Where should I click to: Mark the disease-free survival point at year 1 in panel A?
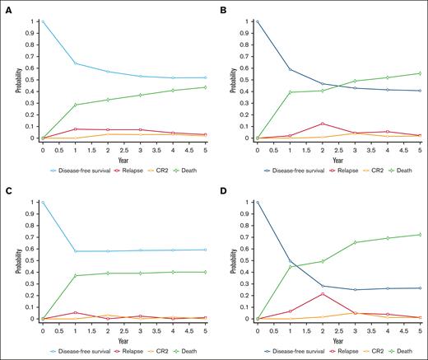(76, 63)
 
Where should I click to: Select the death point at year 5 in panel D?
(420, 235)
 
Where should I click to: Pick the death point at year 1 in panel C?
(76, 276)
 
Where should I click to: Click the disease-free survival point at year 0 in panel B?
(258, 21)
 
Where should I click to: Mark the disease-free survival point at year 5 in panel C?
(204, 250)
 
